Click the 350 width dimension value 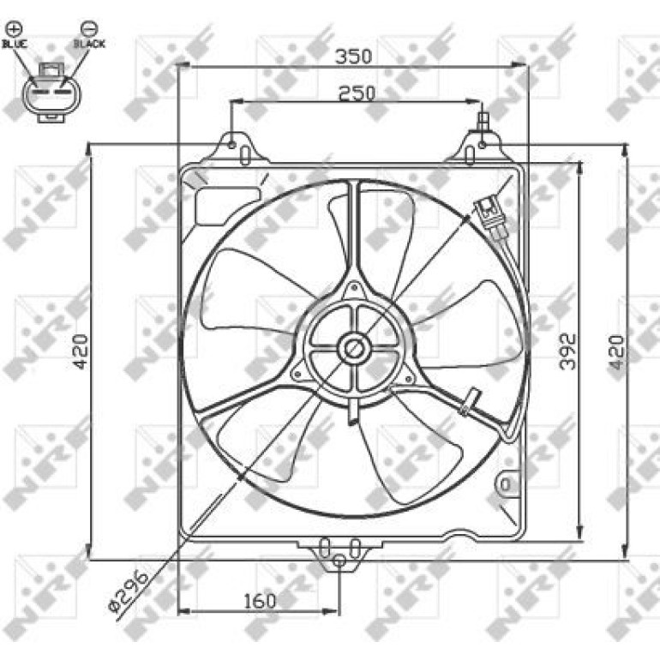click(x=353, y=56)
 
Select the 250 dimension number click(x=357, y=93)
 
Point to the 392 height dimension click(x=567, y=351)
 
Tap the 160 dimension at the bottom click(x=260, y=601)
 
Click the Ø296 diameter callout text click(x=129, y=591)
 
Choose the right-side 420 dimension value click(x=615, y=351)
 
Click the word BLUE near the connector click(x=15, y=44)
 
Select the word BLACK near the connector click(x=89, y=44)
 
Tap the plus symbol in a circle click(x=15, y=28)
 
